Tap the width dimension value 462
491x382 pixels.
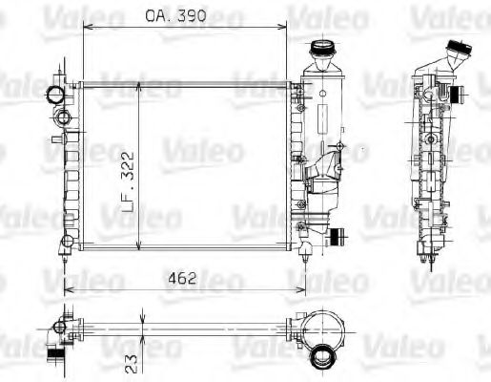[x=182, y=279]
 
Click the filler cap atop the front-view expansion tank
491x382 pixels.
[x=320, y=49]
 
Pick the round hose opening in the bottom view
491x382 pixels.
[x=323, y=356]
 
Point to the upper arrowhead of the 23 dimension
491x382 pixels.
[x=140, y=321]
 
